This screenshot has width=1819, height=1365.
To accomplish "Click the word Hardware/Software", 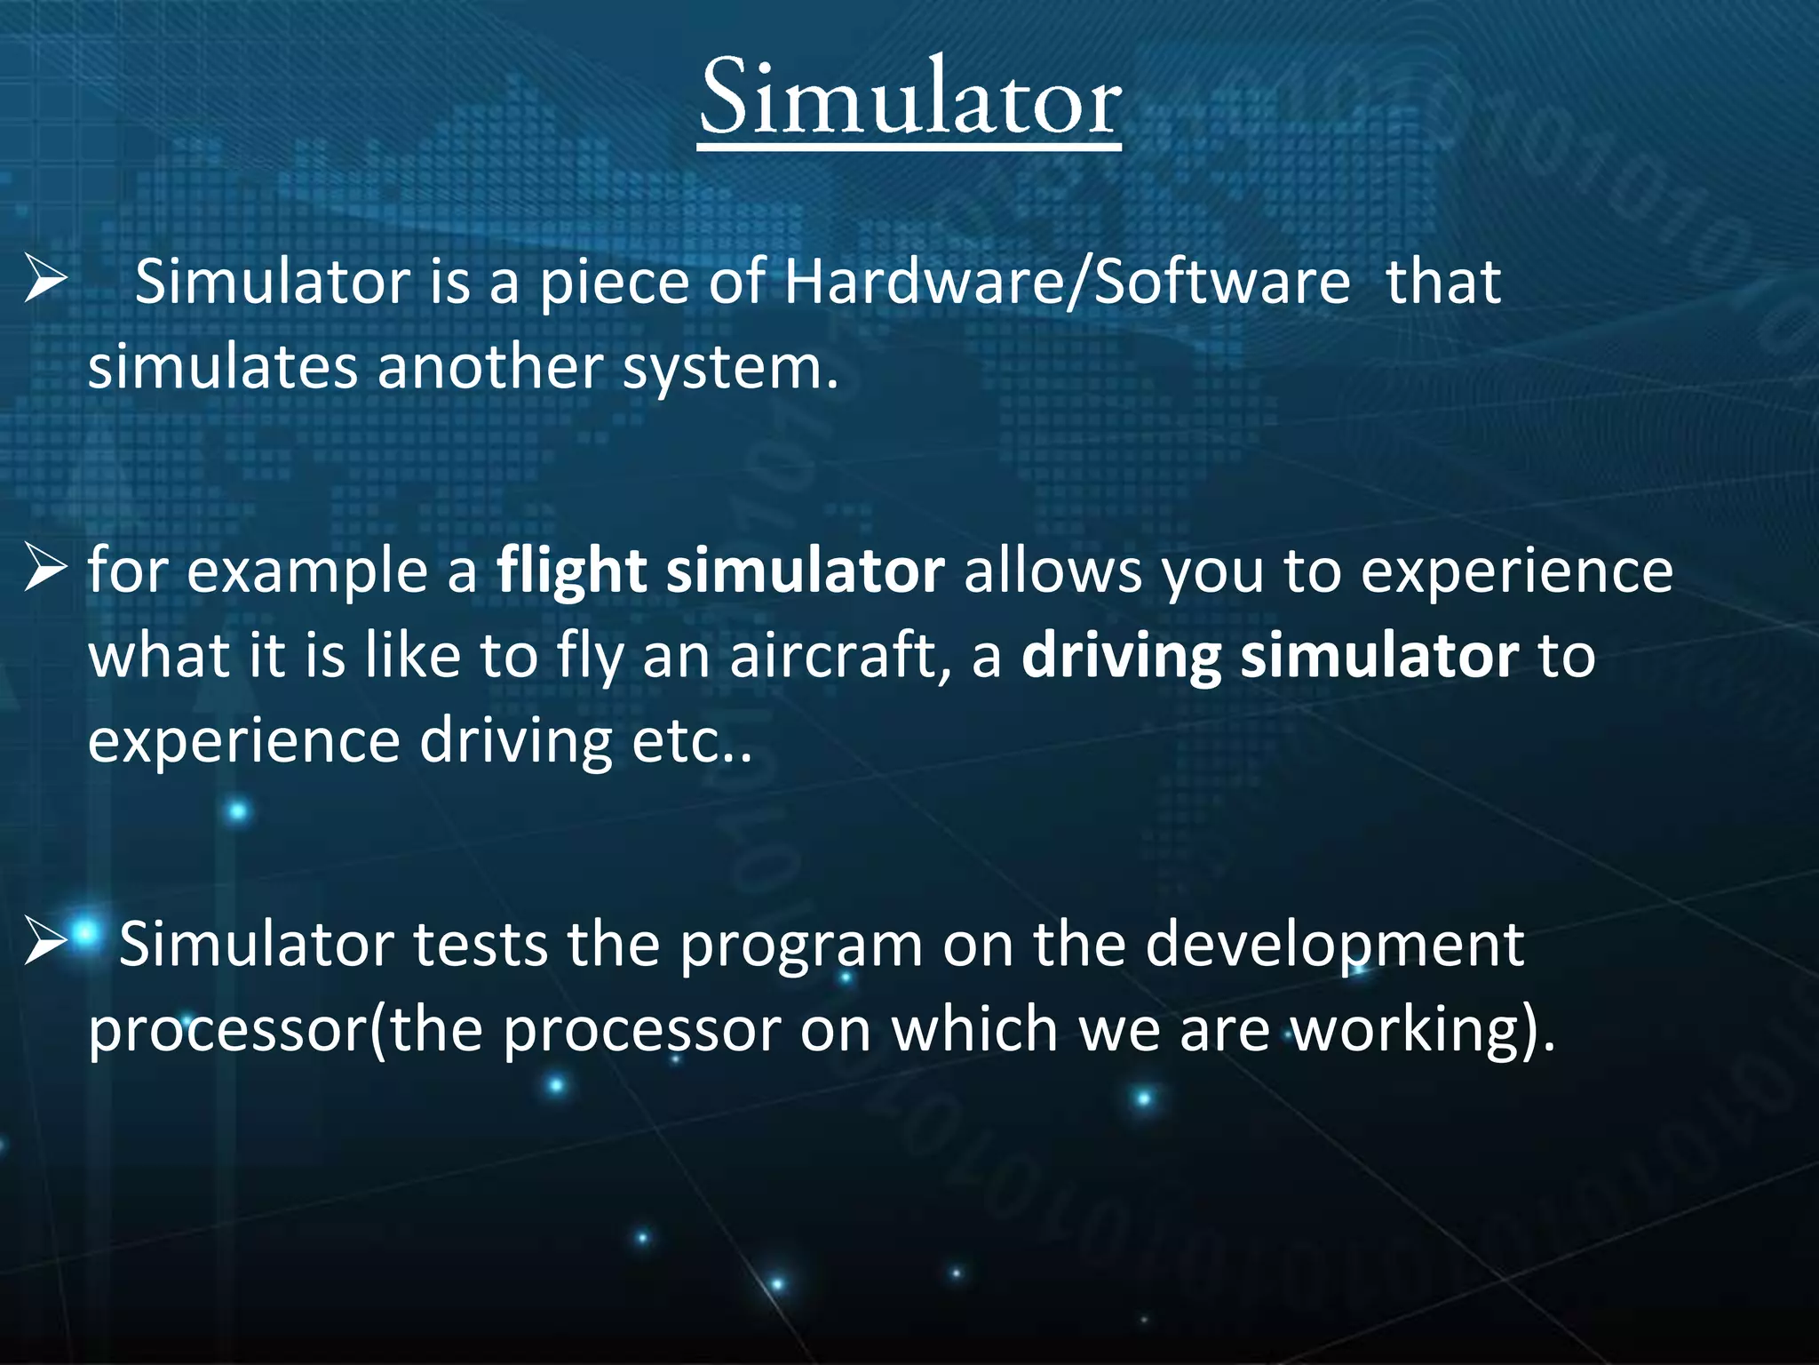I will (x=1067, y=283).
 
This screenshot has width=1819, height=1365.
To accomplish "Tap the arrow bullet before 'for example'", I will (x=45, y=570).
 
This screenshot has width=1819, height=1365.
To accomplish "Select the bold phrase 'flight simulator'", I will (x=719, y=571).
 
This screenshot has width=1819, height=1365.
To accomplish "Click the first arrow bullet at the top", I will (x=45, y=280).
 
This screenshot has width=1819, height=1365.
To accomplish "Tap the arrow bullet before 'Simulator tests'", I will (x=45, y=942).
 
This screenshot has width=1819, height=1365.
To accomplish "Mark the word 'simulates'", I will (x=223, y=367).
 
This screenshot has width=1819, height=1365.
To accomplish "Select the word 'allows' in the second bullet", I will (x=1052, y=571).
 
